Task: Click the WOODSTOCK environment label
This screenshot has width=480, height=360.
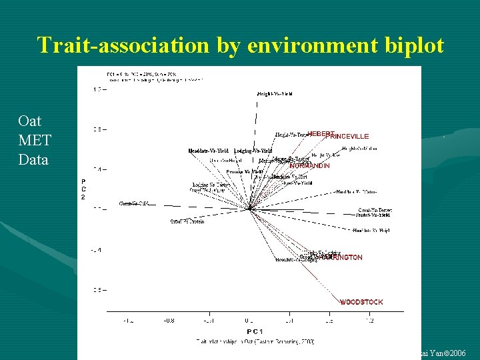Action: point(361,302)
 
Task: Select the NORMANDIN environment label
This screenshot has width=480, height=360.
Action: point(309,165)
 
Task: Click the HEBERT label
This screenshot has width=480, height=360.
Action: point(320,134)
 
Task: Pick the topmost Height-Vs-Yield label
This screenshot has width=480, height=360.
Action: point(275,94)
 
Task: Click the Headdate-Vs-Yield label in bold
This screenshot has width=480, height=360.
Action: point(209,151)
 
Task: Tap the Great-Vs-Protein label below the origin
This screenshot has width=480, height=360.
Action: point(187,221)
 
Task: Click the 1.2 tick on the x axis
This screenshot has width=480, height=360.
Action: point(369,321)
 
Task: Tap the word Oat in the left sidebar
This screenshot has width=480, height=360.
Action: point(30,121)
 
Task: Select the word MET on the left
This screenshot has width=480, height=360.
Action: point(34,141)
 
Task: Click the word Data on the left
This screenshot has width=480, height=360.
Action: point(33,159)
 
